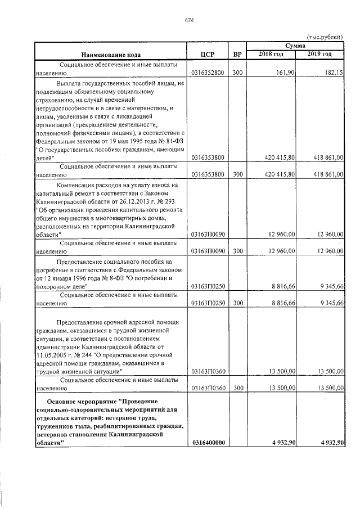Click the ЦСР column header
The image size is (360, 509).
pyautogui.click(x=208, y=55)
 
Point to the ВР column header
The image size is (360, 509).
pyautogui.click(x=237, y=55)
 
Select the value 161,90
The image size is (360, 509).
pyautogui.click(x=286, y=73)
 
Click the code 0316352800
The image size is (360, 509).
pyautogui.click(x=208, y=73)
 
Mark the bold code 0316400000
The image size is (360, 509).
pyautogui.click(x=208, y=443)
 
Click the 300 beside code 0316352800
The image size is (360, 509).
pyautogui.click(x=237, y=73)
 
